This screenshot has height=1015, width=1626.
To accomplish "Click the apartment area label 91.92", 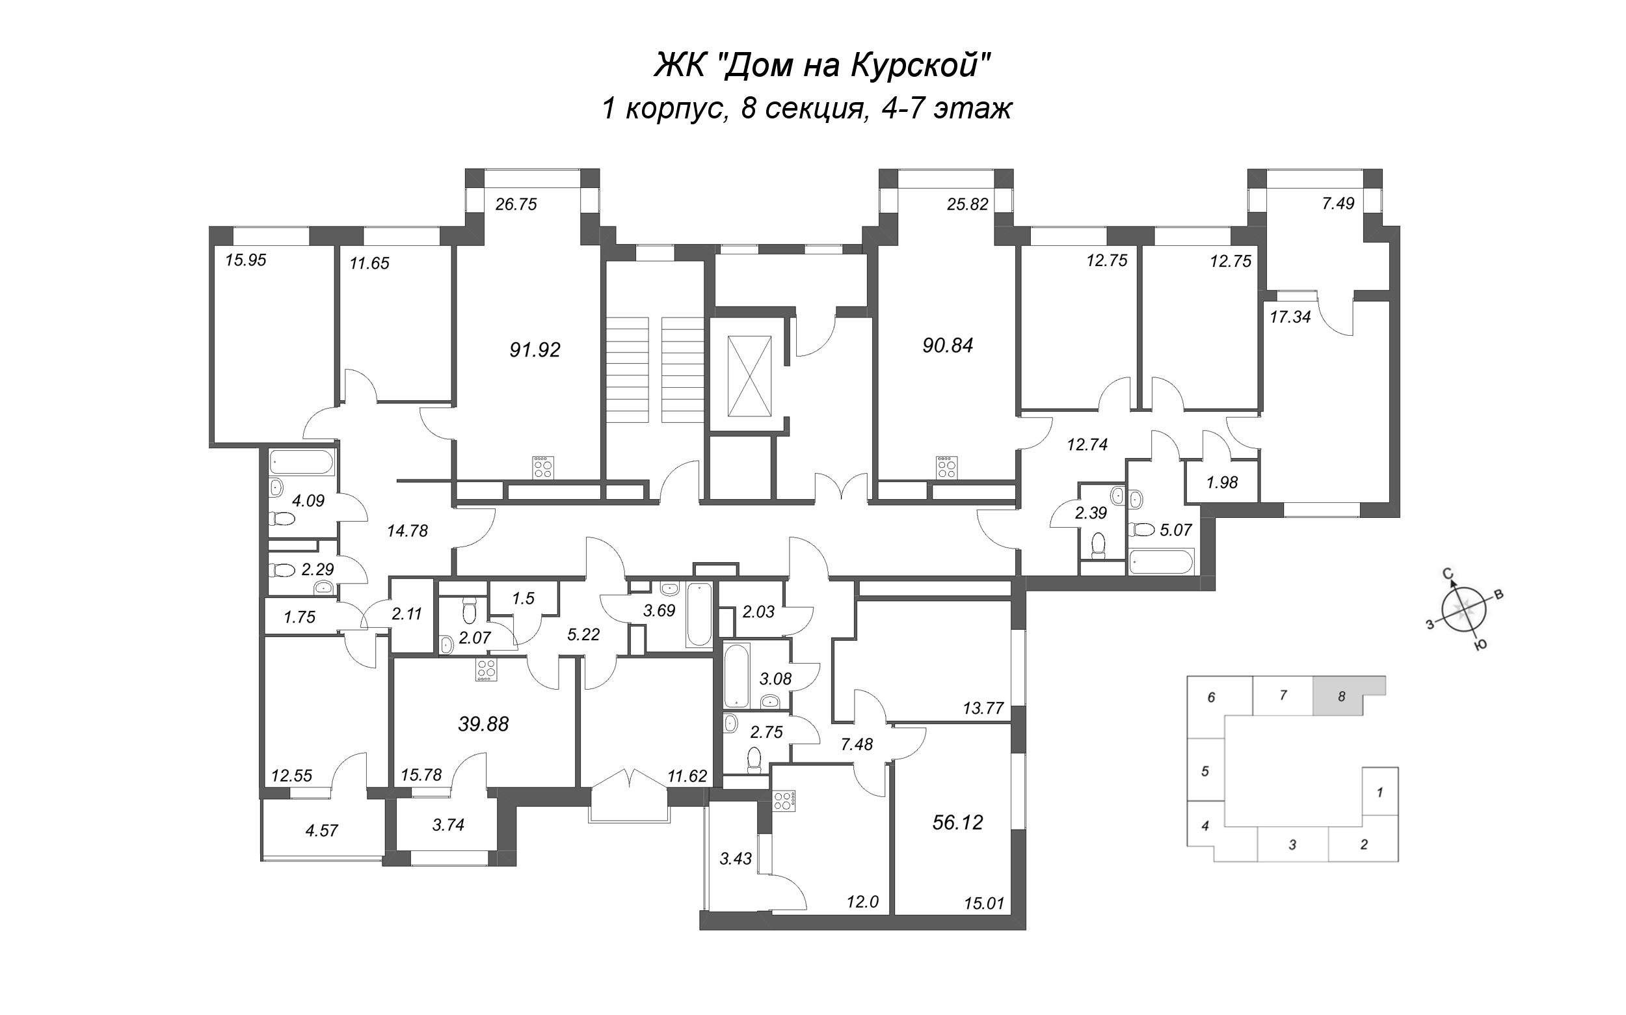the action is [535, 350].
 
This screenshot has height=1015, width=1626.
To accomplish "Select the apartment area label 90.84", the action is [948, 345].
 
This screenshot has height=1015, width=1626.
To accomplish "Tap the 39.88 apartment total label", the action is [483, 724].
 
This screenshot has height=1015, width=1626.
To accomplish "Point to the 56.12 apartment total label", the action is [957, 822].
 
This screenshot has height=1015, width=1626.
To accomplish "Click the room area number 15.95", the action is [246, 260].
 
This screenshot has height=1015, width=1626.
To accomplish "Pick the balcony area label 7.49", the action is [1338, 204].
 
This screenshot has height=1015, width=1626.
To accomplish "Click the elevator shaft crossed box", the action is [749, 377].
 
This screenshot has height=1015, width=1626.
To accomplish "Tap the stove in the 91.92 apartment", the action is [543, 467].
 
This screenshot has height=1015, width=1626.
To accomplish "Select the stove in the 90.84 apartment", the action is [947, 467].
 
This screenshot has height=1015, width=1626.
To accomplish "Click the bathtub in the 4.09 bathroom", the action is [301, 463].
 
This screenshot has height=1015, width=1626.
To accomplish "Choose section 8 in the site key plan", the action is [1342, 696].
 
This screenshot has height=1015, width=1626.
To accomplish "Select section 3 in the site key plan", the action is [1292, 845].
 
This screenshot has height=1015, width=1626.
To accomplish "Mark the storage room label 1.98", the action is [1221, 482].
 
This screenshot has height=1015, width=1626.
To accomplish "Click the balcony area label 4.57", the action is [321, 830].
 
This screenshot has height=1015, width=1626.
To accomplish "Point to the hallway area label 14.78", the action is [407, 531].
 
